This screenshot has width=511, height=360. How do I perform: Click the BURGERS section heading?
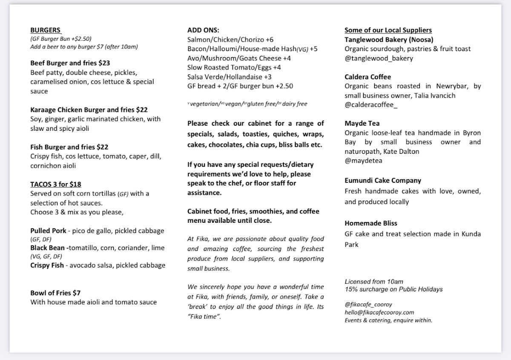[x=46, y=30]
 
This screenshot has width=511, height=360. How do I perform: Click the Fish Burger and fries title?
[x=63, y=147]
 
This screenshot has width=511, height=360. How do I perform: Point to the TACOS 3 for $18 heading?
[x=55, y=184]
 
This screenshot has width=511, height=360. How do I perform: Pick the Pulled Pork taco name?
[x=48, y=230]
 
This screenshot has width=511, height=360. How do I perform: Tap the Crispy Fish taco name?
[x=47, y=265]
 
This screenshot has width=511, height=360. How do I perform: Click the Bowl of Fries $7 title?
[x=55, y=293]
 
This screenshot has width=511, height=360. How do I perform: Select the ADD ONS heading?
[x=203, y=30]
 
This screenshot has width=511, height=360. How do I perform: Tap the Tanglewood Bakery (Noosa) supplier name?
[x=389, y=40]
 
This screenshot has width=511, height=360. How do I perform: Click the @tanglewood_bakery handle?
[x=379, y=58]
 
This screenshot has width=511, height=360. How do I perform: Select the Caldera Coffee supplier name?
[x=367, y=77]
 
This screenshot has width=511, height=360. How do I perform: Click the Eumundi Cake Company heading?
[x=383, y=180]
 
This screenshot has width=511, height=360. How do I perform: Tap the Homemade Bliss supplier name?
[x=371, y=223]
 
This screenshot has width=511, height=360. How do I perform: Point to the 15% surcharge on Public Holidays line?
[x=393, y=289]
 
